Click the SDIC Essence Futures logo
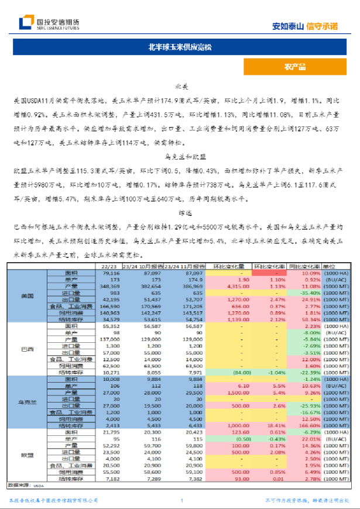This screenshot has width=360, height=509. [49, 23]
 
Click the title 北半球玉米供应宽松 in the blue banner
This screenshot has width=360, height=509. [180, 47]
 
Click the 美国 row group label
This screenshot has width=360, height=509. [27, 297]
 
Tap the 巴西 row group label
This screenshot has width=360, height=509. [27, 349]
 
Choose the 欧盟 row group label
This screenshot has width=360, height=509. [27, 455]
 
